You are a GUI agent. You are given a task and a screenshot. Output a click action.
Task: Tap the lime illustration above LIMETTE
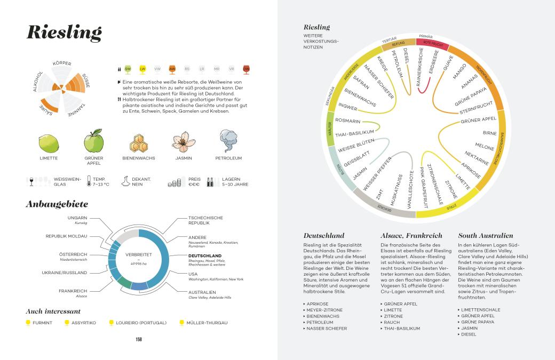[49, 143]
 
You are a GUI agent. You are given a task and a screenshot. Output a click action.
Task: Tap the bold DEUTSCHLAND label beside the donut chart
[205, 255]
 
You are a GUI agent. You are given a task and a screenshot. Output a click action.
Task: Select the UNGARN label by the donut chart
[77, 218]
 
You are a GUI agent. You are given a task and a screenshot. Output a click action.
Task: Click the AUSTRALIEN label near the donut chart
[202, 292]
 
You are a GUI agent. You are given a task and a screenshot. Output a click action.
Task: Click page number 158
[138, 338]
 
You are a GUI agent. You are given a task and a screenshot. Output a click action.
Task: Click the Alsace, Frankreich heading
[410, 235]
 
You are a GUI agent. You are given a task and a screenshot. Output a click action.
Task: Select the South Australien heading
[486, 235]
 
